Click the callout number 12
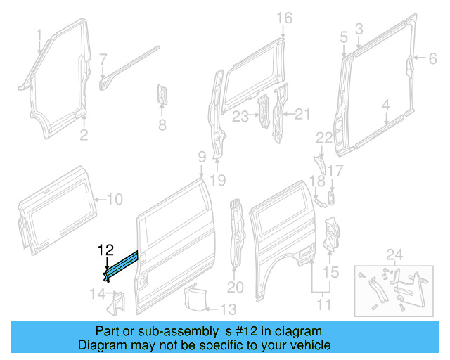[105, 249]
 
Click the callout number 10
[114, 200]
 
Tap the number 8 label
[162, 126]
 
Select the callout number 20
[235, 287]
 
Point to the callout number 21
[302, 114]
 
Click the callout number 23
[240, 116]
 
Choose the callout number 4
[385, 106]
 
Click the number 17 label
[335, 170]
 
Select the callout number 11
[323, 305]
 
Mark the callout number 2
[83, 135]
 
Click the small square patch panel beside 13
[193, 297]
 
